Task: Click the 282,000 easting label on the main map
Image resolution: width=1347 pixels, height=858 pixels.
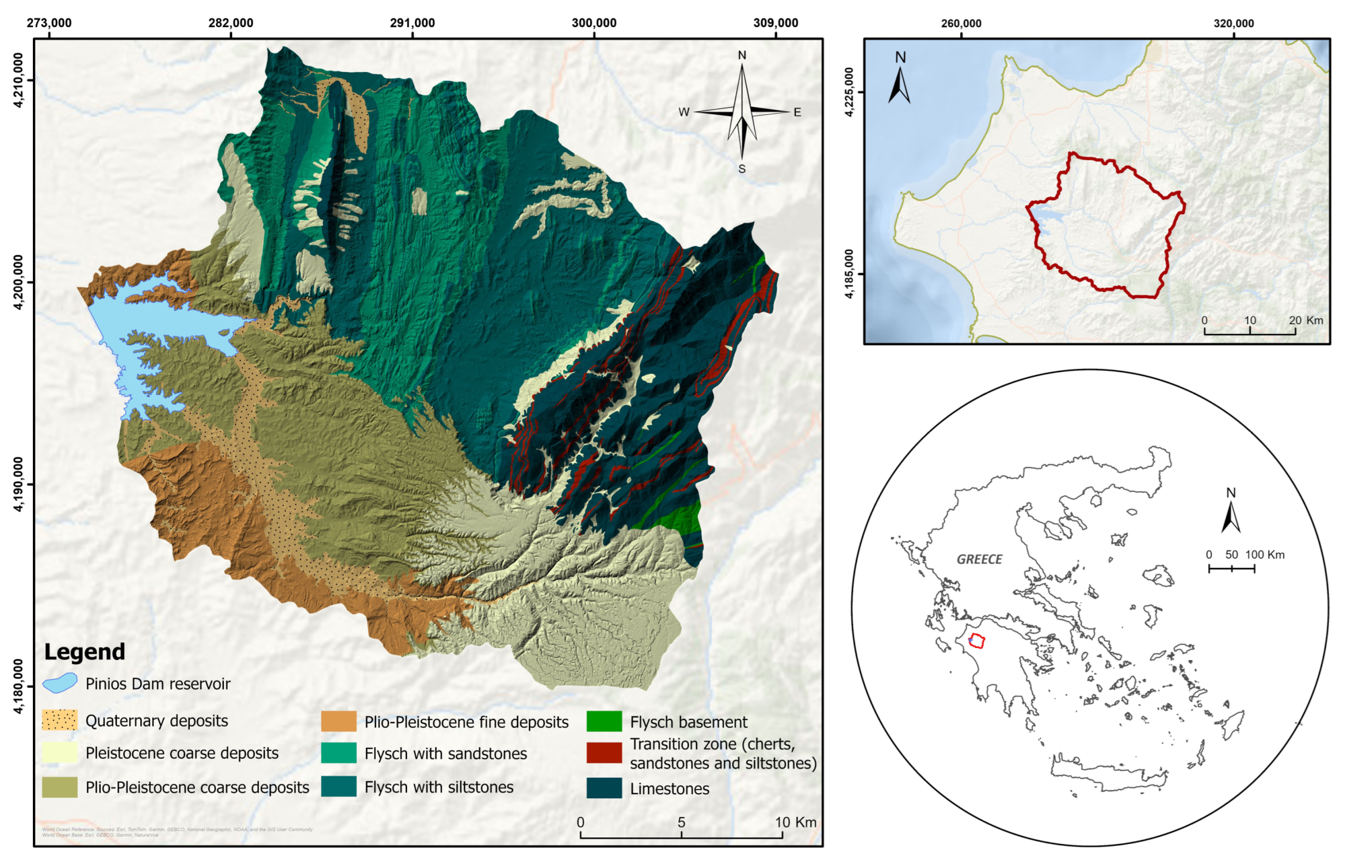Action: click(x=231, y=23)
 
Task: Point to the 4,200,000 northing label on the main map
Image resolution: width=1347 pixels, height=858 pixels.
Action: click(x=19, y=282)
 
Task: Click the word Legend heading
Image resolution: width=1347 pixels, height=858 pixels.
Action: click(x=84, y=652)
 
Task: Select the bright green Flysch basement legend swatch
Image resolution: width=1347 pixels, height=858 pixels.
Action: click(x=604, y=722)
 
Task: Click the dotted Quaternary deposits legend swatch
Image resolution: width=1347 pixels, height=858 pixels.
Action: click(x=60, y=720)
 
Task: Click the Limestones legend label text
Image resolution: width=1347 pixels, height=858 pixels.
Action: click(x=669, y=789)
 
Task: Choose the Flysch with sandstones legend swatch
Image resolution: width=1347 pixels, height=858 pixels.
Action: click(x=339, y=753)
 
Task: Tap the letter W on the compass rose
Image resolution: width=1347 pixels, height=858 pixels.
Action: click(x=684, y=112)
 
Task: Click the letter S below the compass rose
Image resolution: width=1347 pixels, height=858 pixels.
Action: click(x=742, y=169)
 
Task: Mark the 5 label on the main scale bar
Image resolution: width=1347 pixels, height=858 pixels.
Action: click(x=681, y=822)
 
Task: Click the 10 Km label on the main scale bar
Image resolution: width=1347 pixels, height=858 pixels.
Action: click(x=795, y=822)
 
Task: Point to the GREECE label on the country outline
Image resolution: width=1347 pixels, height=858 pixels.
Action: click(x=980, y=559)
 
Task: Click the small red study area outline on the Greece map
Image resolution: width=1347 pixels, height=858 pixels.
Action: click(x=977, y=641)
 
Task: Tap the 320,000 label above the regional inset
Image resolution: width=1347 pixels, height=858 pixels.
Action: click(x=1233, y=23)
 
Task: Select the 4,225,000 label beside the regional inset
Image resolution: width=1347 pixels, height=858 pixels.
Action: click(x=849, y=92)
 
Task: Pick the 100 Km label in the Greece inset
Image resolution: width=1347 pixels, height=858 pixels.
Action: click(x=1265, y=555)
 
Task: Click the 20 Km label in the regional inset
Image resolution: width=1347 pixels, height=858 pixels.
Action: click(x=1306, y=320)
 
